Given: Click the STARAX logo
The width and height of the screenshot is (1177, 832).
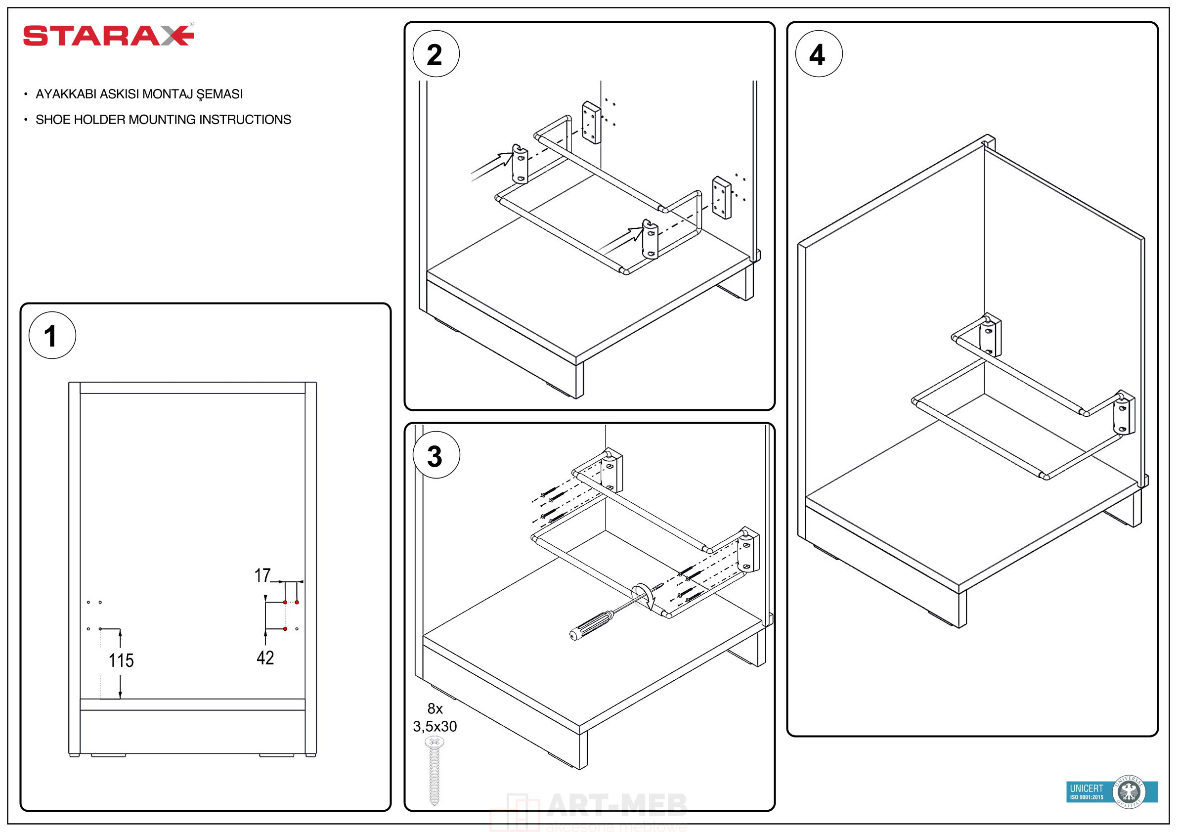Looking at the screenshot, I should pos(108,36).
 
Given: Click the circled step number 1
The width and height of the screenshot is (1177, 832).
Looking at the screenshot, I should pos(52,335).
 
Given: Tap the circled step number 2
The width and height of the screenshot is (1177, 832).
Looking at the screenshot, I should pos(436,54).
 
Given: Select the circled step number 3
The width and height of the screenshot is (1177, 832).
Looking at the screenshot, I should pos(436,455).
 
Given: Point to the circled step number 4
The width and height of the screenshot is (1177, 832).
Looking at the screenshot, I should pos(819,54).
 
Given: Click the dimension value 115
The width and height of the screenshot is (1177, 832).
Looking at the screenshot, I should pos(121,660).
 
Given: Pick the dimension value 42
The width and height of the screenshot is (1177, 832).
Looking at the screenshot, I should pos(265,657).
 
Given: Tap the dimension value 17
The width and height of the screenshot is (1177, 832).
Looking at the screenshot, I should pos(262,575).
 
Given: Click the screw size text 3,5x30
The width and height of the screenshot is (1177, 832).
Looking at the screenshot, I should pos(435,726).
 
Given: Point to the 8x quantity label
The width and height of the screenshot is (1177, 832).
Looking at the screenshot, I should pos(435,708).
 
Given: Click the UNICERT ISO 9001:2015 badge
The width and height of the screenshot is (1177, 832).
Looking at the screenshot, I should pos(1111,791).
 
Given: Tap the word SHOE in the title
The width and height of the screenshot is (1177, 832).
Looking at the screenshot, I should pos(53,120).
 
